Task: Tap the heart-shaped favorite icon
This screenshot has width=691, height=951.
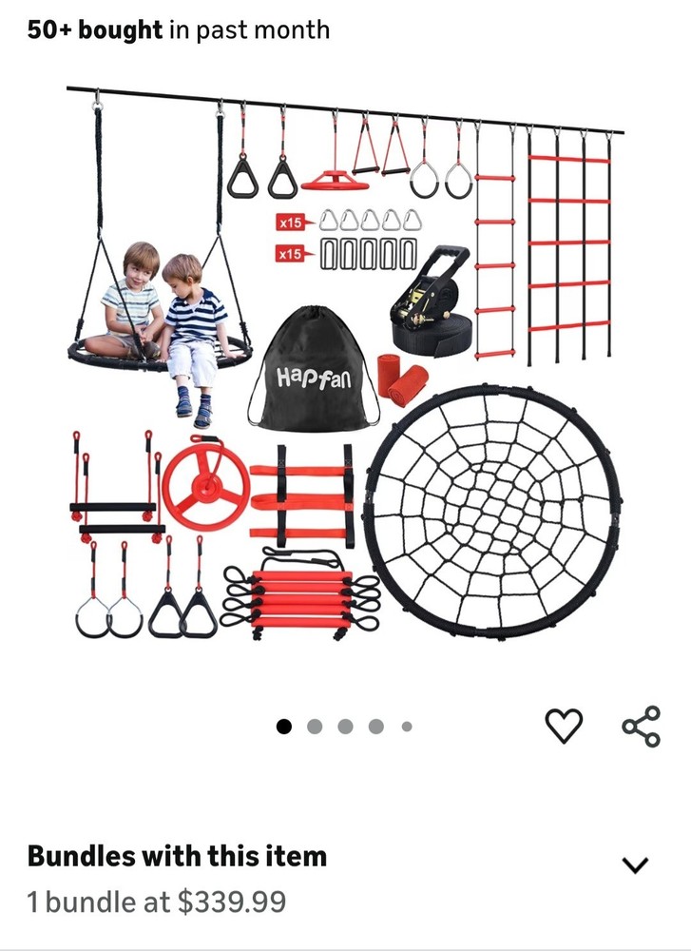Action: (x=564, y=726)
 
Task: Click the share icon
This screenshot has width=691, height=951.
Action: (x=642, y=726)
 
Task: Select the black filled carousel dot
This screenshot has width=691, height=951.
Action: (x=283, y=726)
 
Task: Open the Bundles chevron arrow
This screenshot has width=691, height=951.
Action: (x=635, y=864)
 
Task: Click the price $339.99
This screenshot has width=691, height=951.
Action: (x=232, y=902)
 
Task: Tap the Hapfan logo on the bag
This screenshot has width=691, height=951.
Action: (x=314, y=378)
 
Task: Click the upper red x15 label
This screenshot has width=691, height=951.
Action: (x=290, y=223)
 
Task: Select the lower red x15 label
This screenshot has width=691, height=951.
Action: (x=290, y=254)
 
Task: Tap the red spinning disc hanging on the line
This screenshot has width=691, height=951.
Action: (x=335, y=180)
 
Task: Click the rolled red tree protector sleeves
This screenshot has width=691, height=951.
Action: (x=402, y=379)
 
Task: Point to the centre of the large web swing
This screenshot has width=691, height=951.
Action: (x=492, y=512)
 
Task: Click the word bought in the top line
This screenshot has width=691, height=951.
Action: (x=121, y=29)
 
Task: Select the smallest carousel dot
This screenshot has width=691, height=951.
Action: (x=407, y=726)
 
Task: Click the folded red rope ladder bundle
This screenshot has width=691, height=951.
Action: (x=302, y=595)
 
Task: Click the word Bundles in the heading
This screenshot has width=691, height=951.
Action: (x=81, y=856)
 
